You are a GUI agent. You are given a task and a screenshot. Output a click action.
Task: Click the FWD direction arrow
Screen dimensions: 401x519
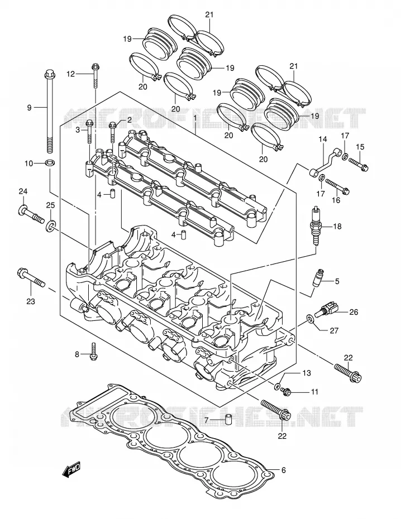pyautogui.click(x=71, y=470)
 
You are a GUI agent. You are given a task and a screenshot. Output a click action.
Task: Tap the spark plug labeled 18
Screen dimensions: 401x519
pyautogui.click(x=316, y=226)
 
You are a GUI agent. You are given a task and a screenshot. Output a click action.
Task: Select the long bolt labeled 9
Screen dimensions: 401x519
pyautogui.click(x=49, y=111)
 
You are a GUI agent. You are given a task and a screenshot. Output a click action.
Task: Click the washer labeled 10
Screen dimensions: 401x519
pyautogui.click(x=50, y=162)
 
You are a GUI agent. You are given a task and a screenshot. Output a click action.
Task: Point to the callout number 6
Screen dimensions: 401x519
pyautogui.click(x=284, y=470)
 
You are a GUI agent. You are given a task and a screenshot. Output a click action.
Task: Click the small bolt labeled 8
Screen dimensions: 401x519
pyautogui.click(x=93, y=352)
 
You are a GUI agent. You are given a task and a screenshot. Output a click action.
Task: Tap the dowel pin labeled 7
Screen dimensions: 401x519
pyautogui.click(x=227, y=419)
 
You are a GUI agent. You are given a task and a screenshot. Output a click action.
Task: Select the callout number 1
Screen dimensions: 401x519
pyautogui.click(x=195, y=118)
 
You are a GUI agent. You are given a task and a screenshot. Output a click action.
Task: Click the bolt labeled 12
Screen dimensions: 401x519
pyautogui.click(x=96, y=75)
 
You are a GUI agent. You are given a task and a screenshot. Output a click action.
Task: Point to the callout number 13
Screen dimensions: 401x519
pyautogui.click(x=307, y=373)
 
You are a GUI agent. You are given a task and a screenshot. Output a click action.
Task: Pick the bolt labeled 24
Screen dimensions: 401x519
pyautogui.click(x=31, y=214)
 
